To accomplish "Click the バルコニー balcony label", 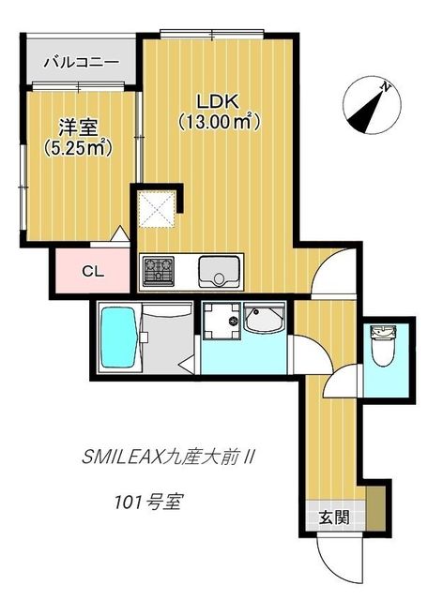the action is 81,62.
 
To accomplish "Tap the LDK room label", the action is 218,102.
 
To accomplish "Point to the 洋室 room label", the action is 78,127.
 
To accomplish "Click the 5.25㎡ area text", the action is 78,148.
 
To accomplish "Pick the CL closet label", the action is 93,271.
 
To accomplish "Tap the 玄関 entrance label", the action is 334,517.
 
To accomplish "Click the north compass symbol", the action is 372,105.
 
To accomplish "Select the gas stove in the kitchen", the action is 159,271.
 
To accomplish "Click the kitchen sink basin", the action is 220,271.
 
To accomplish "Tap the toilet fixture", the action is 381,346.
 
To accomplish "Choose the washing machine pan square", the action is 221,321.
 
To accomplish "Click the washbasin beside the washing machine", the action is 265,319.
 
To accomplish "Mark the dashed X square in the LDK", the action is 157,209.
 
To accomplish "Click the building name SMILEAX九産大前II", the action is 168,457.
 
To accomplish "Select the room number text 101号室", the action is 147,502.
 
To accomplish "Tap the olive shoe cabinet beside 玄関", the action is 375,508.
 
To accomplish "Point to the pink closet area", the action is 92,271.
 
